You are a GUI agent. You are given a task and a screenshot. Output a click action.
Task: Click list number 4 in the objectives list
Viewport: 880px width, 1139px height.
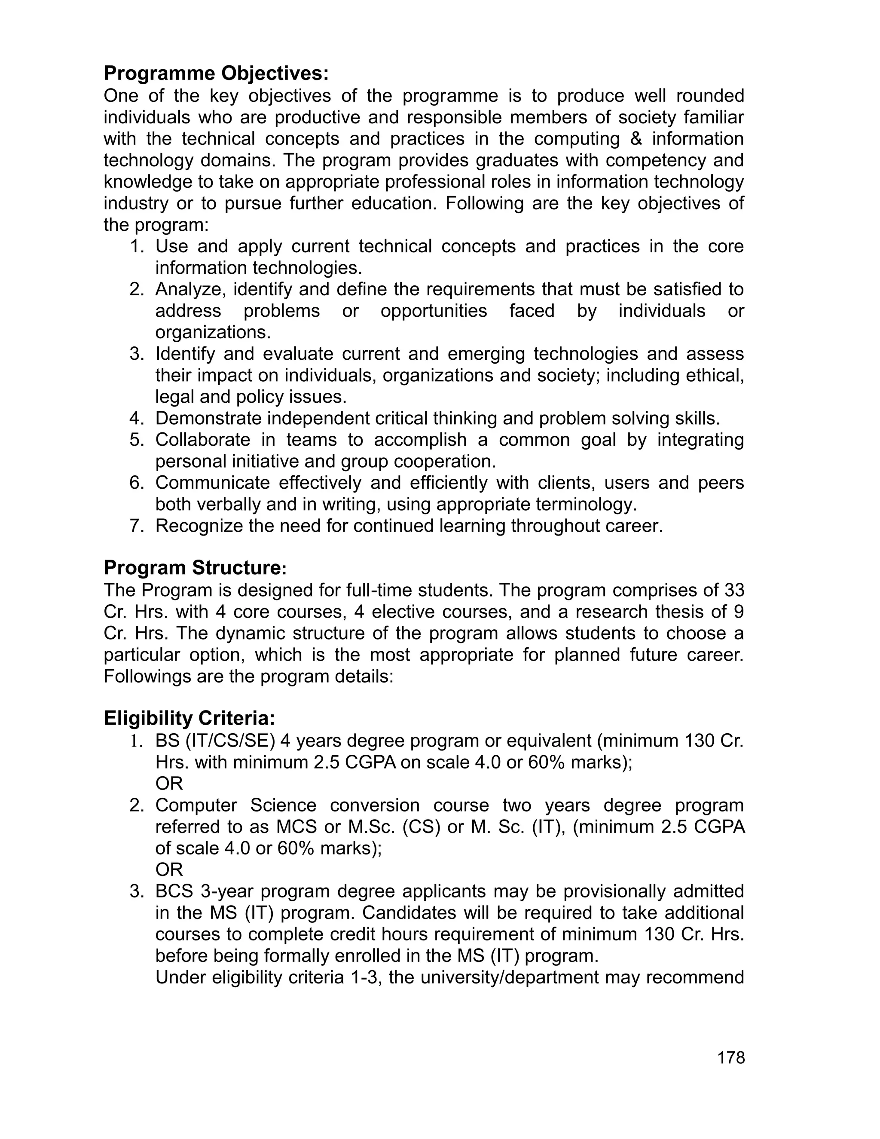(136, 418)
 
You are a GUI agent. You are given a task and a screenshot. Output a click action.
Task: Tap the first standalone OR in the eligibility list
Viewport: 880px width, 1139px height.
(169, 783)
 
